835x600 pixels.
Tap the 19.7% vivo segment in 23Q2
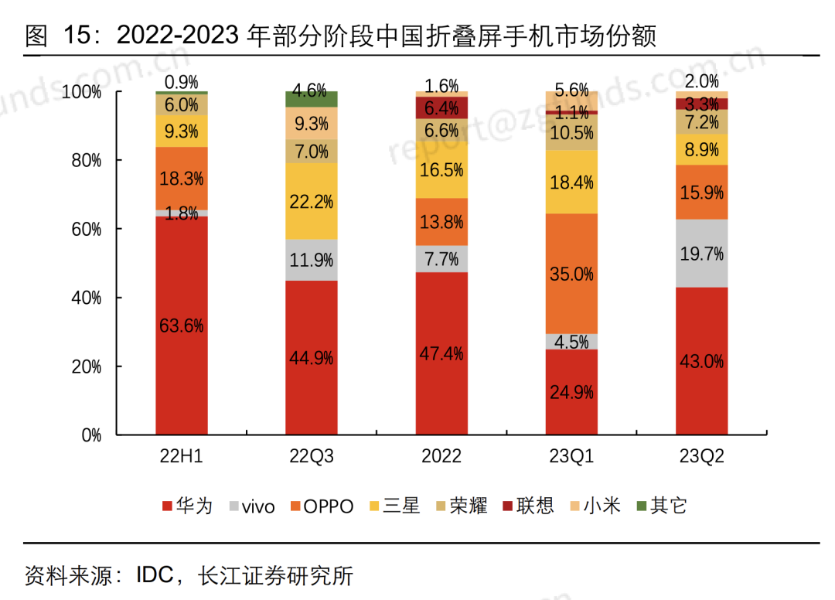[701, 253]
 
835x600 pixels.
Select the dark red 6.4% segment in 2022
[441, 107]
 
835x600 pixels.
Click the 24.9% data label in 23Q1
[571, 392]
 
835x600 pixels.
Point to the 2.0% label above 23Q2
[701, 81]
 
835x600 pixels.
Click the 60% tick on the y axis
[86, 230]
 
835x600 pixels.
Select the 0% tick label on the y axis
[91, 435]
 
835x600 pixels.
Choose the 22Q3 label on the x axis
[312, 456]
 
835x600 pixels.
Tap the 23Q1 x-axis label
[571, 456]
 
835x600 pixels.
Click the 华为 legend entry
[186, 506]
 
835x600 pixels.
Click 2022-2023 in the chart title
[178, 36]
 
